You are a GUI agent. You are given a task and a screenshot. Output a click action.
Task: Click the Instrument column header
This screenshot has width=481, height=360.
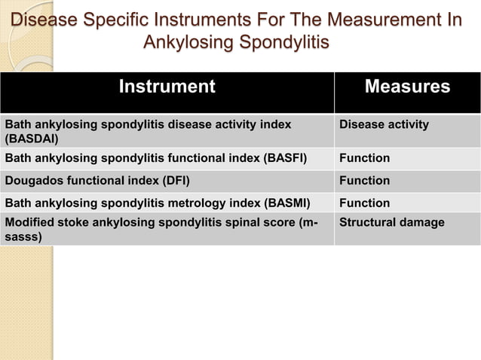point(167,87)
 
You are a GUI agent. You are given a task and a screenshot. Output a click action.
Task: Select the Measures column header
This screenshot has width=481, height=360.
point(407,87)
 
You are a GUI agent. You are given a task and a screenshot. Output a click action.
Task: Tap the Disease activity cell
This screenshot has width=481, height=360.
point(384,124)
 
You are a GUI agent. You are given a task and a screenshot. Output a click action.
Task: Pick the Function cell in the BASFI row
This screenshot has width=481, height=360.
point(365,158)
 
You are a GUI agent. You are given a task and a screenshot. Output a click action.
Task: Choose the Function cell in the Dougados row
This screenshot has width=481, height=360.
point(365,181)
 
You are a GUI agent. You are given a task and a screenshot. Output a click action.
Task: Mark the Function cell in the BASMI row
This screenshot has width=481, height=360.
point(365,203)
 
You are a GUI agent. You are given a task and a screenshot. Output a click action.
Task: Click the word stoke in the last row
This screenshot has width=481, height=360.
point(72,223)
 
